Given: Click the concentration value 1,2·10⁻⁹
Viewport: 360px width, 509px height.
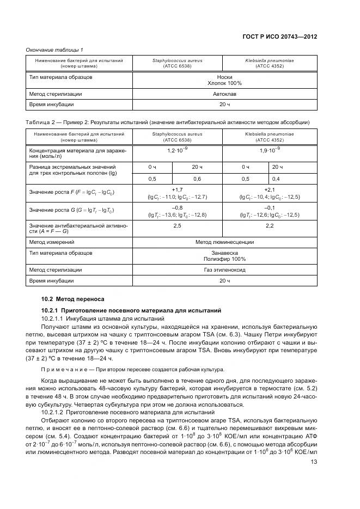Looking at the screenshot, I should [x=177, y=149].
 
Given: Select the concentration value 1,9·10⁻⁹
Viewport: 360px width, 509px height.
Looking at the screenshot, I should [x=270, y=149].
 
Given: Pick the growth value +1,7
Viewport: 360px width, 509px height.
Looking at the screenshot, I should [x=177, y=189].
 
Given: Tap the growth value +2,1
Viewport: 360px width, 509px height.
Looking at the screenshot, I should [x=270, y=189].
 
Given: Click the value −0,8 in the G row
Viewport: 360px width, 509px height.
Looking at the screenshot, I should [x=177, y=207].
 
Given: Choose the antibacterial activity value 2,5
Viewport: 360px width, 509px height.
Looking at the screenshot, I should [x=177, y=225].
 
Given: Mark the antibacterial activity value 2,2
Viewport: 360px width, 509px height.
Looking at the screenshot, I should [x=270, y=225].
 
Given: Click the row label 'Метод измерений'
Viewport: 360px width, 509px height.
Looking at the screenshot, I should [x=52, y=242].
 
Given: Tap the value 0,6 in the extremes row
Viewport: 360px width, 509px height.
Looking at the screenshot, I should [x=197, y=179].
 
